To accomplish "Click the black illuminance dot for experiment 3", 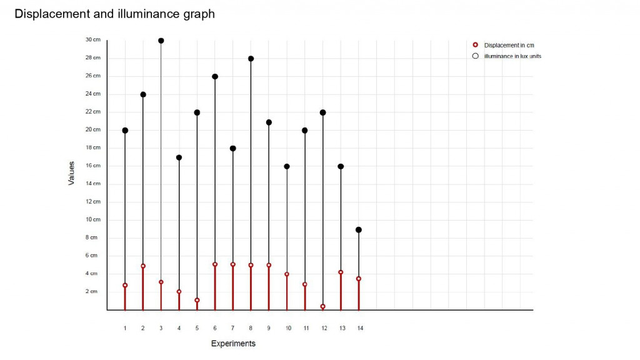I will coord(161,41).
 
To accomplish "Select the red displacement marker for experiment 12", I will coord(323,306).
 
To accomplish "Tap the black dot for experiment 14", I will coord(359,230).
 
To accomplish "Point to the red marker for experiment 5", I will coord(197,300).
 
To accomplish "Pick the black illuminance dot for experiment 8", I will coord(251,59).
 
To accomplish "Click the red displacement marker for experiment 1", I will coord(125,285).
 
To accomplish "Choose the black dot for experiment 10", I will coord(287,166).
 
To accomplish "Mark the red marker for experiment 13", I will coord(341,272).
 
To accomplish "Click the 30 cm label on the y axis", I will coord(92,40).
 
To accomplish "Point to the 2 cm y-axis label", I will coord(92,291).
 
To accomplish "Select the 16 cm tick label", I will coord(92,166).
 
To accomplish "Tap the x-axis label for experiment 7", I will coord(233,328).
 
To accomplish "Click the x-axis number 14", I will coord(360,328).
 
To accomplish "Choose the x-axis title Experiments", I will coord(233,344).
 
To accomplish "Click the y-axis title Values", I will coord(71,173).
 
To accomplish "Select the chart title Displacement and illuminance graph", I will coord(114,14).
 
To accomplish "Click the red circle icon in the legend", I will coord(476,45).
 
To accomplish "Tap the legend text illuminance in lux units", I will coord(512,56).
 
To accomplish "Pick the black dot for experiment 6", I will coord(215,77).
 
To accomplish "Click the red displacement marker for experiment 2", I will coord(143,266).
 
